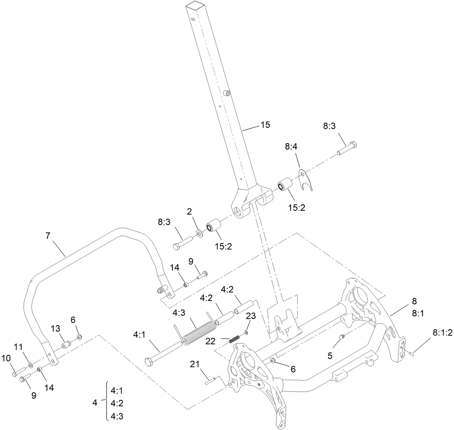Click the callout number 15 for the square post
265,124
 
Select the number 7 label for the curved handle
48,236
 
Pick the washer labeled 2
199,233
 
